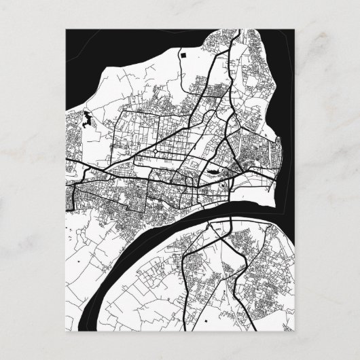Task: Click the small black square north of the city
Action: coord(183,52)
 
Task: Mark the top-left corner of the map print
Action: coord(66,29)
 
